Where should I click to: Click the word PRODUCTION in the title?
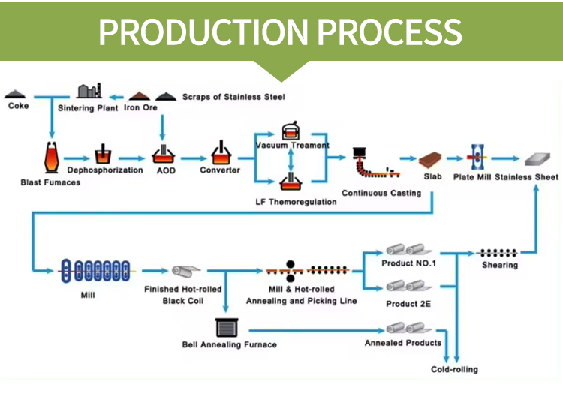point(202,32)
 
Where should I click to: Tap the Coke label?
point(19,107)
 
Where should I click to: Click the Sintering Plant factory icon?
point(89,91)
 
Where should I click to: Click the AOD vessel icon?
point(164,154)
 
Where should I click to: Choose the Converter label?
point(219,170)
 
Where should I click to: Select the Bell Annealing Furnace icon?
point(226,327)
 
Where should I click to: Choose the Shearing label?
point(500,265)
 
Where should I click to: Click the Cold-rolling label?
point(454,369)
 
